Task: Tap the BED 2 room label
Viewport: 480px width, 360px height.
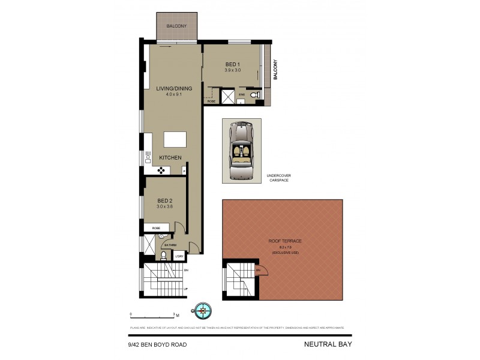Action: pos(165,200)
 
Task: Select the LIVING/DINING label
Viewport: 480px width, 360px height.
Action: pos(174,89)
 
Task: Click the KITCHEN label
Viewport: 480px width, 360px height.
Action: pos(170,158)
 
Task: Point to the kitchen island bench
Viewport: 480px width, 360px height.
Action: pos(175,139)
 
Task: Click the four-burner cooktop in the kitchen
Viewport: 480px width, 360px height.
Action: pos(161,169)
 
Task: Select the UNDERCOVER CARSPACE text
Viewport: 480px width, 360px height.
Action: pos(279,178)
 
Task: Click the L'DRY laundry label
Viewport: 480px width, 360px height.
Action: pos(179,256)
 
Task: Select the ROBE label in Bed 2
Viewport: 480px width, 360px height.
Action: pos(156,228)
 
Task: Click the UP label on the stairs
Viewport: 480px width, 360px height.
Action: pos(185,289)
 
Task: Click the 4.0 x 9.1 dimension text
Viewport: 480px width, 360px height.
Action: pos(174,95)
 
